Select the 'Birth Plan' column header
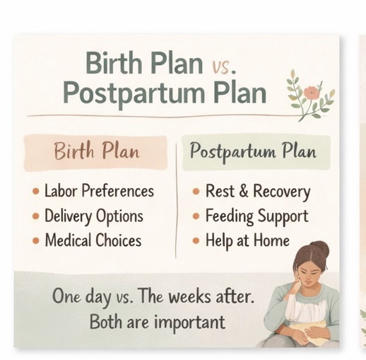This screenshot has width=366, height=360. [97, 151]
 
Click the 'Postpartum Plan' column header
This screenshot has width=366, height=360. [252, 151]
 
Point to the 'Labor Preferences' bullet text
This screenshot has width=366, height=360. [99, 191]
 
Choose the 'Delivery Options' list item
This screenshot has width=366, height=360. [94, 216]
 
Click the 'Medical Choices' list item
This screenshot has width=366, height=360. [93, 240]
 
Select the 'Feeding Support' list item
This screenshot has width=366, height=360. [256, 216]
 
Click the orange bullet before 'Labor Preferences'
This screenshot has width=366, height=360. [35, 192]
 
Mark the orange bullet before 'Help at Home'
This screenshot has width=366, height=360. [196, 241]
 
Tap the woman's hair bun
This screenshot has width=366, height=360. [320, 249]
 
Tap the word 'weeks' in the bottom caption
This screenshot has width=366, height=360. [201, 296]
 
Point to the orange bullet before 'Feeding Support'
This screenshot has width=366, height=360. [196, 216]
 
